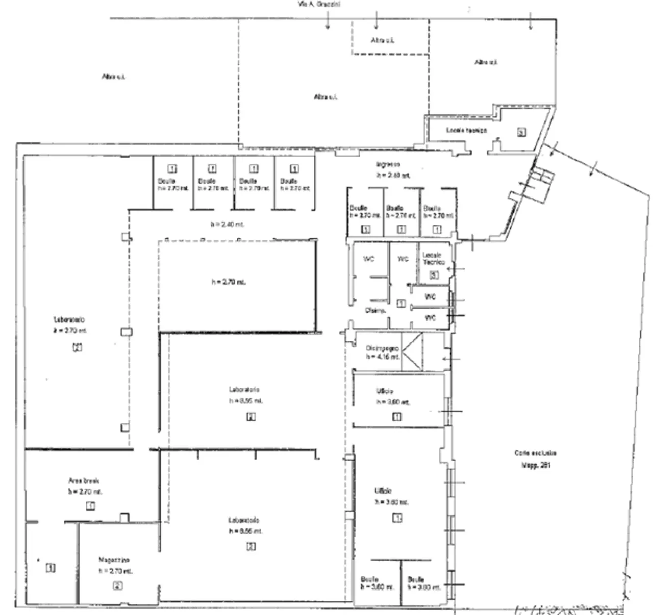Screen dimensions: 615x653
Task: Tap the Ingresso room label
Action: click(388, 164)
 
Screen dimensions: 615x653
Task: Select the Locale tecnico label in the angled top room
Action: click(466, 131)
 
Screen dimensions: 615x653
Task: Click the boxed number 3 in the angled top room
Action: click(521, 132)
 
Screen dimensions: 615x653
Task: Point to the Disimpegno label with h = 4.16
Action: click(382, 348)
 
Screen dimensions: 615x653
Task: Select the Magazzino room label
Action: click(114, 560)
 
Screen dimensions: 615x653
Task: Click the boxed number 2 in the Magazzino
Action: click(117, 585)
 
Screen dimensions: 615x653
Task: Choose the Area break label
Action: click(84, 481)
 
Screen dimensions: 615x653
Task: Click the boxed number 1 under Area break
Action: click(90, 506)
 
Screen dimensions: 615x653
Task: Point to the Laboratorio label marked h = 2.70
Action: click(69, 319)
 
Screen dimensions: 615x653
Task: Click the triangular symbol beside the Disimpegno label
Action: click(413, 351)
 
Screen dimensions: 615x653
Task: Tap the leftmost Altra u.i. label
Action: click(113, 77)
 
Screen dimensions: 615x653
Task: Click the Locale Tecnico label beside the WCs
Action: click(434, 258)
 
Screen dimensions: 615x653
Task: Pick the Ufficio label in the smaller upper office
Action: click(385, 391)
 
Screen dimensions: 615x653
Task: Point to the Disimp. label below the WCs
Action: click(375, 310)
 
